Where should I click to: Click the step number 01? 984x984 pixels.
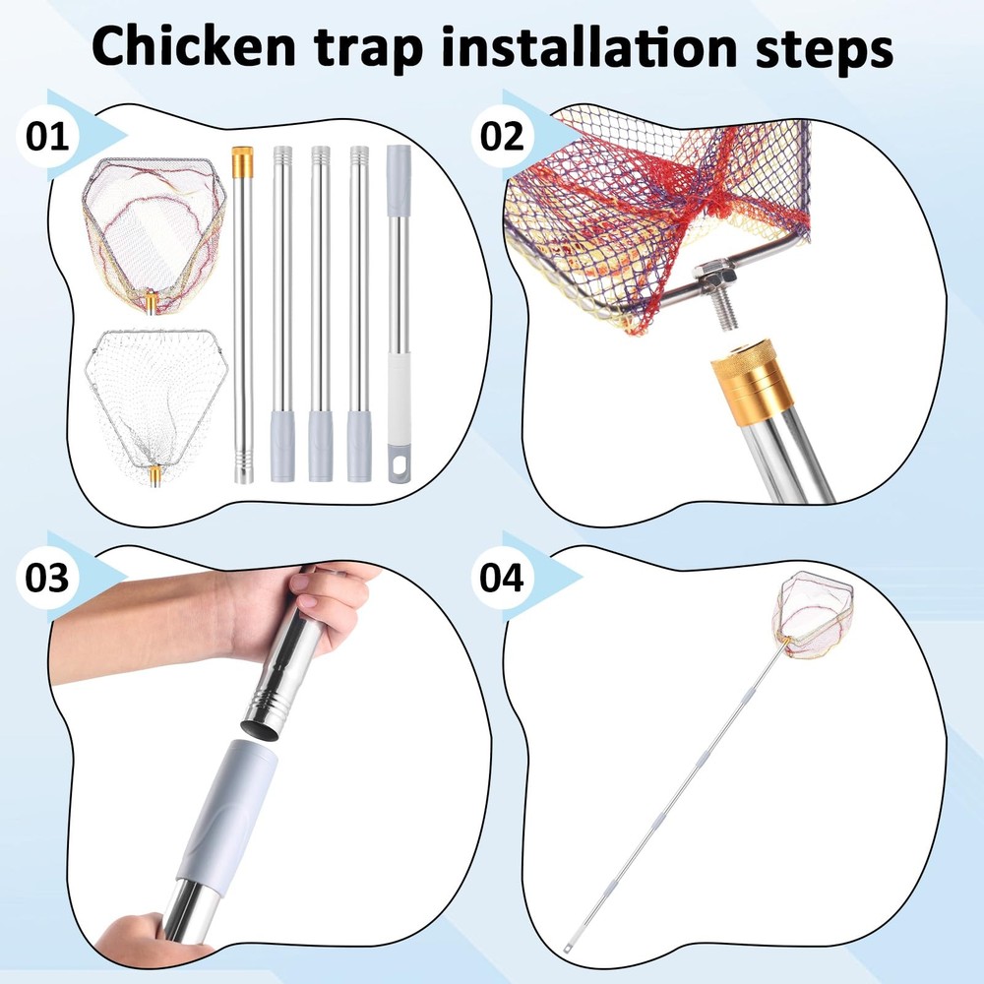tap(47, 137)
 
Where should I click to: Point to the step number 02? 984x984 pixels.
tap(502, 137)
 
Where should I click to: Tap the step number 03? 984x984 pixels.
tap(47, 578)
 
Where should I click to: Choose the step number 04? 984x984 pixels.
tap(502, 578)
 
